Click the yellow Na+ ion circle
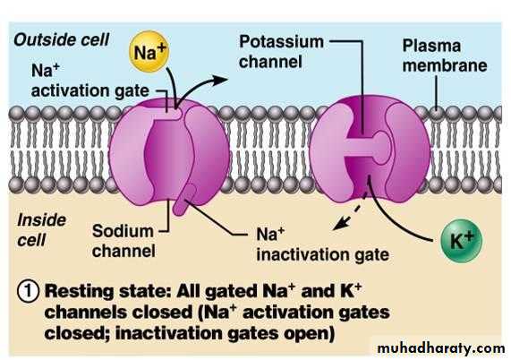[x=149, y=52]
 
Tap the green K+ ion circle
[x=461, y=241]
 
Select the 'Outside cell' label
[x=62, y=39]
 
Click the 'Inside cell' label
[x=41, y=230]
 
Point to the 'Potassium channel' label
[x=281, y=52]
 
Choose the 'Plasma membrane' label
[x=445, y=56]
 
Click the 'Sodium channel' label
[x=123, y=241]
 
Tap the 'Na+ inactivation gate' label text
[x=323, y=244]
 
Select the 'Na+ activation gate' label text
[x=90, y=81]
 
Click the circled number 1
[x=29, y=291]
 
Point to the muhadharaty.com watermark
[x=441, y=348]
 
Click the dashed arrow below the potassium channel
[x=349, y=212]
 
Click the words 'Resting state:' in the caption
[x=108, y=291]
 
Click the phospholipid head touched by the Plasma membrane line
[x=437, y=113]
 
